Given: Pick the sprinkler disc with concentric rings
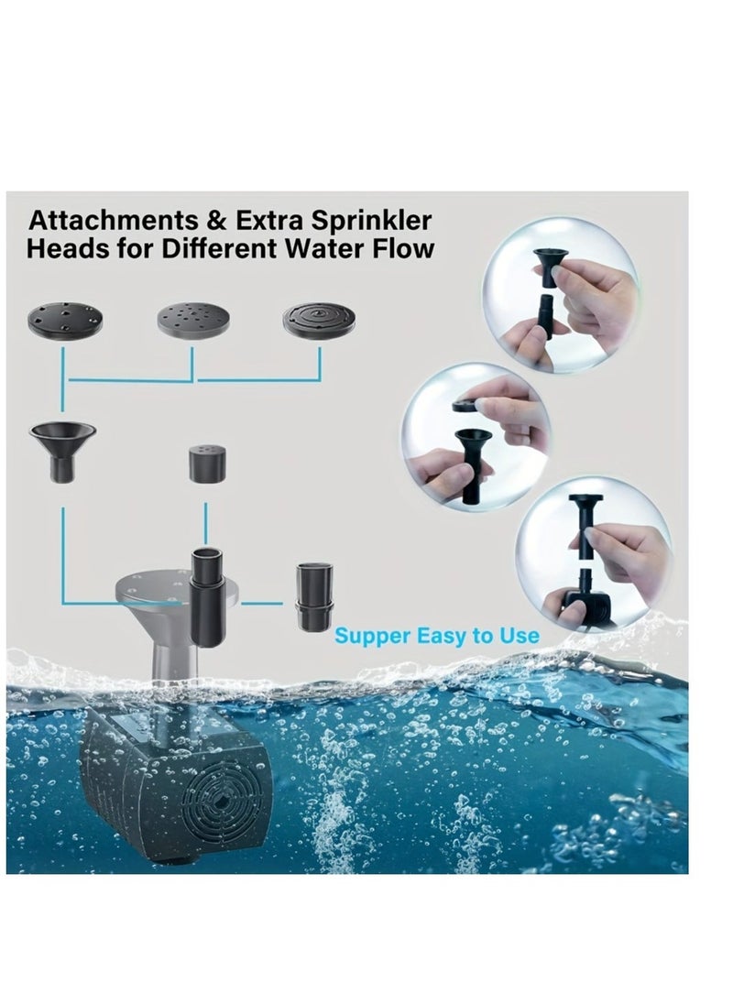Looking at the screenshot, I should (320, 318).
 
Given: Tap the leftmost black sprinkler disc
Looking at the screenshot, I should (66, 319).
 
